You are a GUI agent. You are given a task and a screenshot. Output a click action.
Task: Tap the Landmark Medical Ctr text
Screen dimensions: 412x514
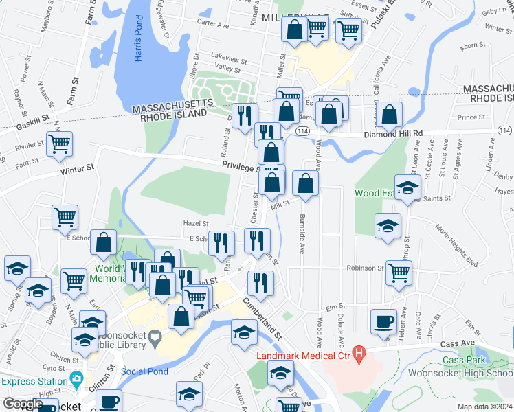(x=302, y=356)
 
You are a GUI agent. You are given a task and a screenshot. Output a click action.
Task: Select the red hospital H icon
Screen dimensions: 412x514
(x=357, y=354)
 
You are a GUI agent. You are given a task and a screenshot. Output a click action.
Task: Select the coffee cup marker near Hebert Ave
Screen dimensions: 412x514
(x=383, y=321)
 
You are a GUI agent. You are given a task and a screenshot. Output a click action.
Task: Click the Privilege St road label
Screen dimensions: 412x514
(x=240, y=167)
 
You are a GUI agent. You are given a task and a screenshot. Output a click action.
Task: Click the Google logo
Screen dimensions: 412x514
(x=23, y=404)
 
